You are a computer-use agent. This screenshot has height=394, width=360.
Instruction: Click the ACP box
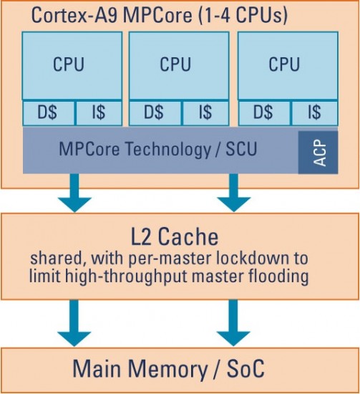318,153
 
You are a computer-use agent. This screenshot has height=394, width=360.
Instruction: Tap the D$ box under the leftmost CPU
49,112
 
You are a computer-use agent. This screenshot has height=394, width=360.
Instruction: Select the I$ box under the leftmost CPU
99,112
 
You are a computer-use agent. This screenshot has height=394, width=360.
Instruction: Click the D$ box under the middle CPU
155,112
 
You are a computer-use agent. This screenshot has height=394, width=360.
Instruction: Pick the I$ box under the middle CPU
205,112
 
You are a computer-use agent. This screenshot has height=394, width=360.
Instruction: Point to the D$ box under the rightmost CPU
264,112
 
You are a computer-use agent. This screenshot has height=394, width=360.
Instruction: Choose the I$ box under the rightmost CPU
315,112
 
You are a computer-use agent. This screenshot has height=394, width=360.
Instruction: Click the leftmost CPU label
68,64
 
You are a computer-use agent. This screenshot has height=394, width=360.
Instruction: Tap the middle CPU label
175,64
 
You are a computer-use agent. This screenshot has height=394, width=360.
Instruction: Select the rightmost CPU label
284,64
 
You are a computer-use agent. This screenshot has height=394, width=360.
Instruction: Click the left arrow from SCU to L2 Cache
74,193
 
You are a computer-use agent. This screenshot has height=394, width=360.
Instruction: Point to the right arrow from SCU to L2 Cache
234,193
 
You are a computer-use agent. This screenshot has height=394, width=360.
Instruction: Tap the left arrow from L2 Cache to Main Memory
74,323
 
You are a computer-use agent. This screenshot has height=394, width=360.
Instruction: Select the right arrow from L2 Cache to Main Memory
233,323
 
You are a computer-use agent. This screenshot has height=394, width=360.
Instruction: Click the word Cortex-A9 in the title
75,15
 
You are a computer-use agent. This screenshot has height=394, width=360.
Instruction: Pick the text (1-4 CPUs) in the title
243,16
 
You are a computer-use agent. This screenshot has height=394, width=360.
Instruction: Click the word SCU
241,149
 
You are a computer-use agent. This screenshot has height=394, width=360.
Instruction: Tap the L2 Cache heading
175,236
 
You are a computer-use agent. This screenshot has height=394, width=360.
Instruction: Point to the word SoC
245,369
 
